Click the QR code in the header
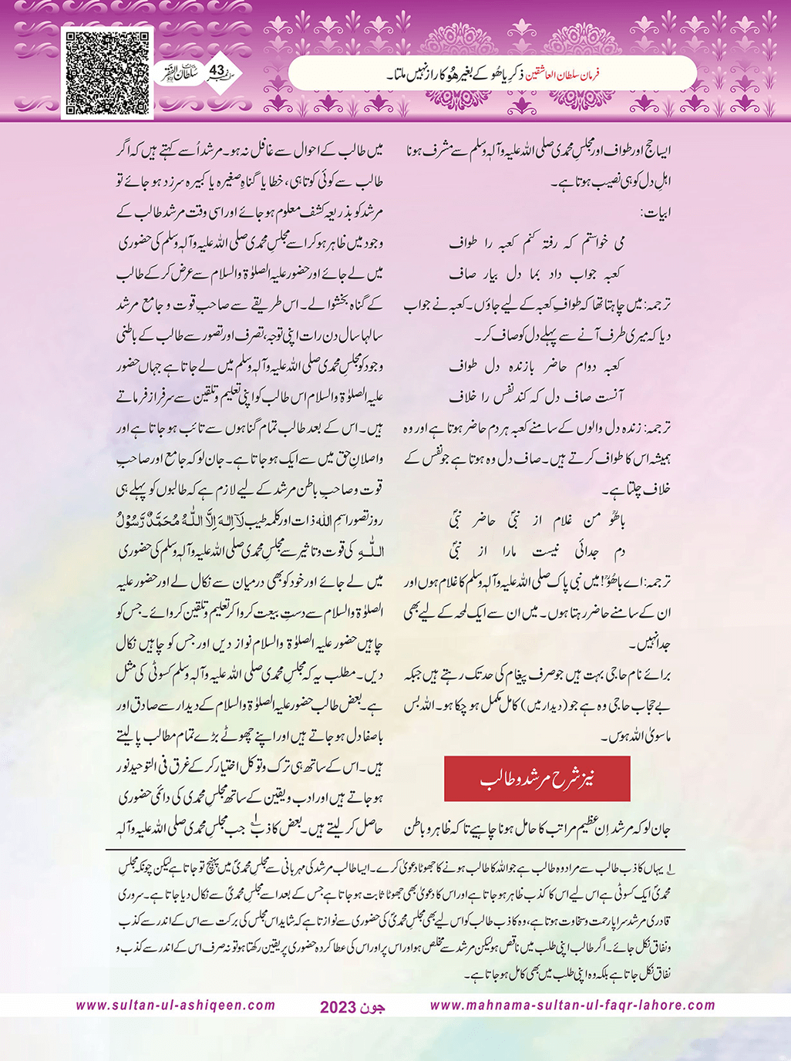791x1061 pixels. click(106, 73)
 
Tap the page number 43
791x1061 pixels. click(217, 71)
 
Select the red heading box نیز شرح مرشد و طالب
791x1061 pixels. click(537, 779)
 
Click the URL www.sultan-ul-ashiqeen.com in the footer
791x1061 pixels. click(176, 1005)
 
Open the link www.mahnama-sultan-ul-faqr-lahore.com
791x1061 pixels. click(572, 1005)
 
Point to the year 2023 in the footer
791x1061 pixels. click(338, 1007)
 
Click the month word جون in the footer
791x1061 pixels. click(372, 1007)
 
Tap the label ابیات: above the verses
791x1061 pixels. click(655, 212)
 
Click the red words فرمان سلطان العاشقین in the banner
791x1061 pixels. click(571, 75)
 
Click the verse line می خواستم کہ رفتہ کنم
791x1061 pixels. click(537, 243)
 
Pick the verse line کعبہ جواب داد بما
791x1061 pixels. click(537, 273)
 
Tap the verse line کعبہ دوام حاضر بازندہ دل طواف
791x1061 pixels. click(537, 365)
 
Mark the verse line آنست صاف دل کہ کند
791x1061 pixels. click(537, 396)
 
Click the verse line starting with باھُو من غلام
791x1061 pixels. click(537, 520)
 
